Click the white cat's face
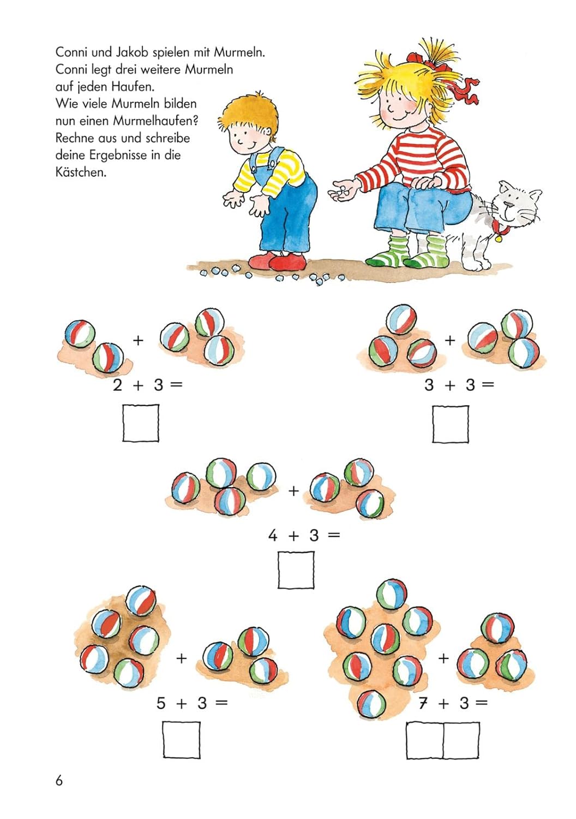(x=518, y=206)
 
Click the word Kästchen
(x=81, y=172)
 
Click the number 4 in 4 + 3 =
(x=273, y=536)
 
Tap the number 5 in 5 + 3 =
(x=161, y=703)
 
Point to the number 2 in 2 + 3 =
(x=117, y=385)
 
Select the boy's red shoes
(x=278, y=261)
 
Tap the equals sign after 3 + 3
(x=487, y=385)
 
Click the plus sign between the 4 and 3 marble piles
(x=293, y=491)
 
